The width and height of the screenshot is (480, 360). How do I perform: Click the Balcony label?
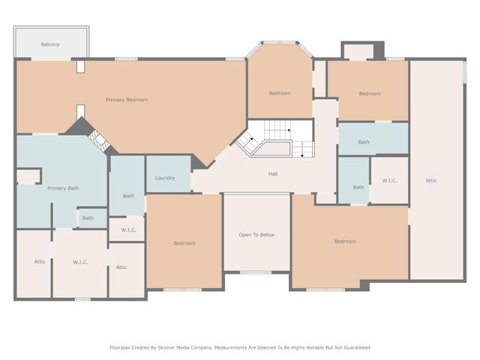(x=50, y=45)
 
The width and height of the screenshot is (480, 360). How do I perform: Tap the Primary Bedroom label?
(x=126, y=100)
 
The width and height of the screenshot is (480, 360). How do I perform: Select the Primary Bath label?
(x=63, y=188)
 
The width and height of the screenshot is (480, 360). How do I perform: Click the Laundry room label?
(x=165, y=178)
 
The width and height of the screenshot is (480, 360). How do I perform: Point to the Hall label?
(x=274, y=174)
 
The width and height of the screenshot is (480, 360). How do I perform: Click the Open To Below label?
(x=256, y=235)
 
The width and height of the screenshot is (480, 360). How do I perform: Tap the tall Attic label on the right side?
(x=431, y=180)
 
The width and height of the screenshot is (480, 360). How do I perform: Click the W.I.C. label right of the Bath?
(x=389, y=180)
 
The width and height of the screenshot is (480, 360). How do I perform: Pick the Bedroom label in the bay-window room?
(x=280, y=93)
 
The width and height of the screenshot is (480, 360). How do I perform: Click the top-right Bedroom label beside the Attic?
(x=369, y=94)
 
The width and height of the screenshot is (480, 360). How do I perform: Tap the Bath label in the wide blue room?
(x=364, y=142)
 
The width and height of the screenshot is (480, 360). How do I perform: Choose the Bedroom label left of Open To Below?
(x=184, y=243)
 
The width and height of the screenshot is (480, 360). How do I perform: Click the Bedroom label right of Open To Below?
(x=345, y=241)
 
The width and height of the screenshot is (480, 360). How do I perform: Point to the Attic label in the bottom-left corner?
(x=40, y=262)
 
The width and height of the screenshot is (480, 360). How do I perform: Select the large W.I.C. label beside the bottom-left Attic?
(x=81, y=262)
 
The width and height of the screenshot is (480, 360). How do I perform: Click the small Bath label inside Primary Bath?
(x=88, y=218)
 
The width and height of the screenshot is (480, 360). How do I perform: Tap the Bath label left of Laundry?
(x=128, y=196)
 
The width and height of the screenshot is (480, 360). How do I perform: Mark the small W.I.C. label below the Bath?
(x=127, y=229)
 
